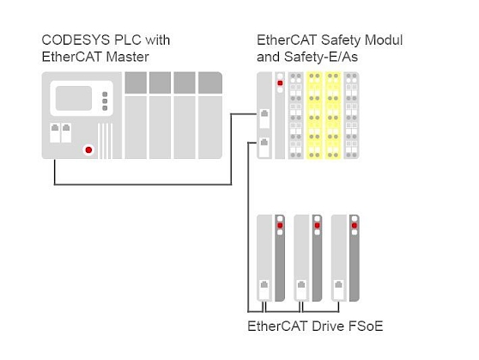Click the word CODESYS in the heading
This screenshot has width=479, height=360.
click(x=76, y=40)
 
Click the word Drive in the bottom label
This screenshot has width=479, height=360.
click(x=328, y=326)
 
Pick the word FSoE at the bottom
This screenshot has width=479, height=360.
click(x=366, y=326)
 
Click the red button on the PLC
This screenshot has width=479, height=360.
click(x=88, y=149)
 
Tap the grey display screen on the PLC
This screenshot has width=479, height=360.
click(x=74, y=98)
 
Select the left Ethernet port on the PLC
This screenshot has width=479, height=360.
click(x=55, y=132)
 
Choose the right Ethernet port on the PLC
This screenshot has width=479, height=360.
click(x=66, y=132)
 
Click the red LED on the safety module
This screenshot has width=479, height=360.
click(x=280, y=82)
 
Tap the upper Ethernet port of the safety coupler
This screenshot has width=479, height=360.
click(x=264, y=119)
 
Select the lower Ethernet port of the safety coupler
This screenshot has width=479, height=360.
click(x=264, y=147)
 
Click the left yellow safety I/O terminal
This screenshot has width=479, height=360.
click(x=314, y=115)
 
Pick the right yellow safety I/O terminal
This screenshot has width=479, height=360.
click(x=333, y=115)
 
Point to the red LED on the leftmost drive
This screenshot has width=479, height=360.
click(x=280, y=225)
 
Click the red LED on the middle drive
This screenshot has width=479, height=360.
click(x=317, y=225)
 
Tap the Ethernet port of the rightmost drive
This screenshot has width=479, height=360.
click(x=338, y=290)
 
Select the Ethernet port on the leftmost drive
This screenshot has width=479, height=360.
click(x=264, y=290)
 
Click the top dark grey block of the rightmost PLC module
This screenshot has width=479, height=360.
click(x=210, y=82)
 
